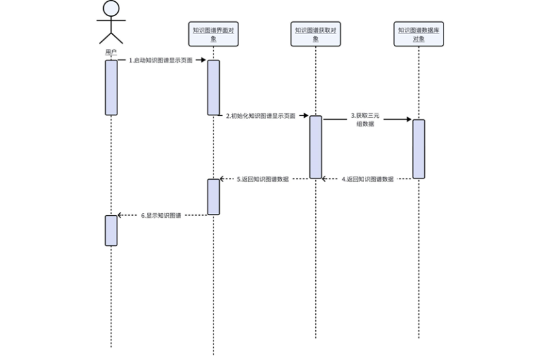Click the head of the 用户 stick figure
[111, 8]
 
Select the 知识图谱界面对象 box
[213, 33]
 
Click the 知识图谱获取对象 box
[315, 33]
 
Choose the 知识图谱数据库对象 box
[419, 33]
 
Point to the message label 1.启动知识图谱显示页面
[160, 60]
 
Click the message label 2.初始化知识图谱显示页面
[260, 116]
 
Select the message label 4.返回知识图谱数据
[367, 179]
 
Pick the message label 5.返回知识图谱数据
[263, 179]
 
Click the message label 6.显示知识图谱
[160, 216]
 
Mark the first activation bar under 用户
[111, 88]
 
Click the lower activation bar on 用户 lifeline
[111, 230]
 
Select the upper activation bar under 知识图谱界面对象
[213, 88]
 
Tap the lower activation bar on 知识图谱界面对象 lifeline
[213, 196]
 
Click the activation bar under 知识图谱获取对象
[315, 146]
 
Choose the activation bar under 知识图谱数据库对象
[419, 148]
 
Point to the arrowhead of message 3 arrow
[408, 119]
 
